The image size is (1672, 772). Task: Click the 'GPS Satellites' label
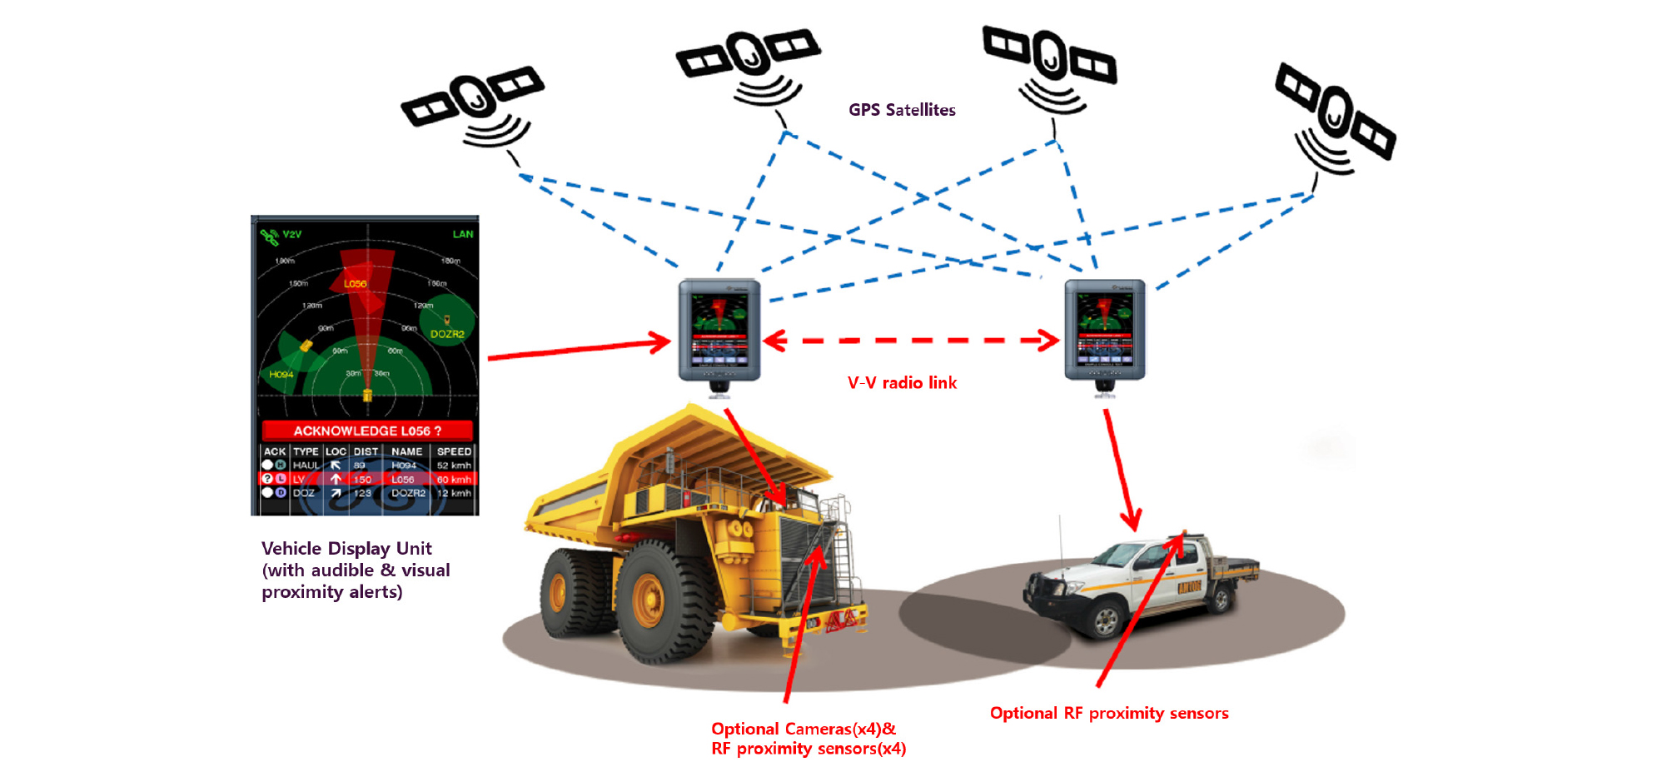(902, 110)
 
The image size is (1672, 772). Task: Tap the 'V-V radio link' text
(902, 383)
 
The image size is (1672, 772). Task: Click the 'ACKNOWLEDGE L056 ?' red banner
(367, 431)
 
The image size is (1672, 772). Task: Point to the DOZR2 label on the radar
(447, 334)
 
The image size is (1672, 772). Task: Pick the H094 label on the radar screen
(281, 375)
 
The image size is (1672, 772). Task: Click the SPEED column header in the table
(454, 451)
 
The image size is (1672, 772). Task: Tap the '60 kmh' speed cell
(454, 480)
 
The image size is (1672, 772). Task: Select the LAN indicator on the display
(463, 234)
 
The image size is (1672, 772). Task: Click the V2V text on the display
(292, 235)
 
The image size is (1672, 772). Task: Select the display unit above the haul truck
(719, 331)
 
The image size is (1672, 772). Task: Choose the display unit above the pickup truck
(1105, 331)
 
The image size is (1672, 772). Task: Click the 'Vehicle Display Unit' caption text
(346, 549)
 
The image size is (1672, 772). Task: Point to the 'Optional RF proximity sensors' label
(1109, 714)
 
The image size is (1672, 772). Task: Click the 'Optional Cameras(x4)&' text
(804, 730)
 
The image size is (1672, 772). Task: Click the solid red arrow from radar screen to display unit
(579, 349)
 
